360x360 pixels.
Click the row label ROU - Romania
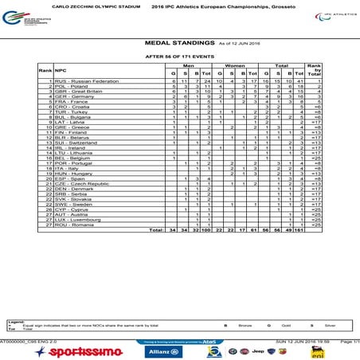[73, 225]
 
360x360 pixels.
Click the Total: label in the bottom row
[156, 230]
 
